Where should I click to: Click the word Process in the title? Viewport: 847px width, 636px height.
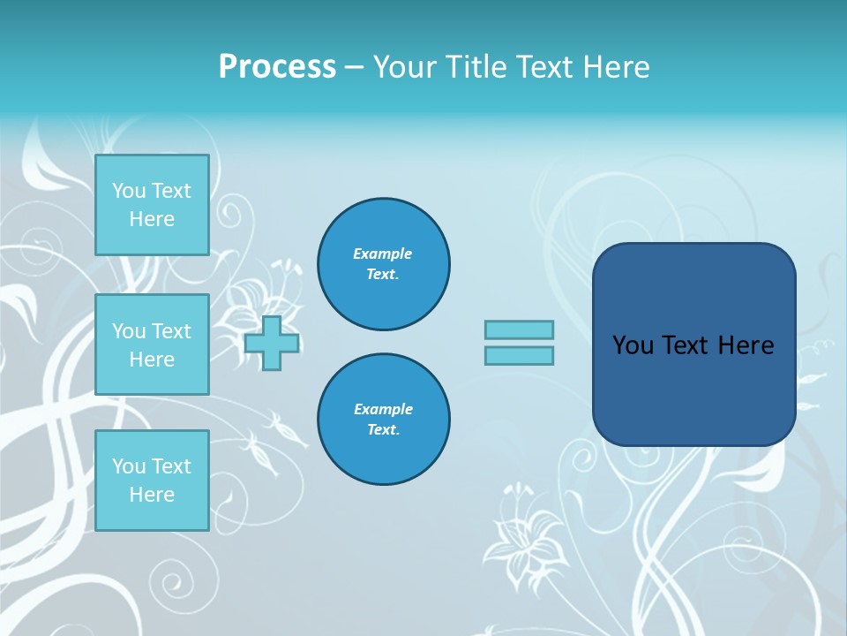point(277,67)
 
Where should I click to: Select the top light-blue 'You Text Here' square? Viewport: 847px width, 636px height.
point(152,205)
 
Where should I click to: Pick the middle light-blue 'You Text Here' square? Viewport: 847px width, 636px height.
point(152,344)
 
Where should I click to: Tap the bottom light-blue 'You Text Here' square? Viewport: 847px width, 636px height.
point(152,481)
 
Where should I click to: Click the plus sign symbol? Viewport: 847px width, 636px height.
point(272,343)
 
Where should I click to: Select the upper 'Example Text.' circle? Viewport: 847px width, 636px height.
point(384,264)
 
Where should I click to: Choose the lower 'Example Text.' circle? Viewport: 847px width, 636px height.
point(384,420)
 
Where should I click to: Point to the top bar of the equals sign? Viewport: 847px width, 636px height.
point(519,329)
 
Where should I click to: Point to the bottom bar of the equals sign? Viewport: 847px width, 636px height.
point(519,355)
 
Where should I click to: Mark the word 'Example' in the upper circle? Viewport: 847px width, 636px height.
point(382,254)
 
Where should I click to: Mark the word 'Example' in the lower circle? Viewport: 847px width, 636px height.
point(383,410)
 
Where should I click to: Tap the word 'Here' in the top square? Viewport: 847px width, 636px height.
point(152,219)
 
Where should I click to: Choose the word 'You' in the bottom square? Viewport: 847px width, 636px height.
point(129,466)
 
